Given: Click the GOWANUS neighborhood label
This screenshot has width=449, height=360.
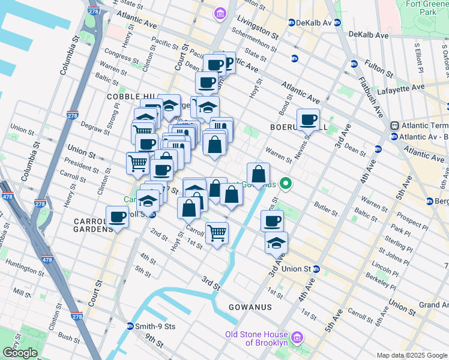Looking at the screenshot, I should coord(250,307).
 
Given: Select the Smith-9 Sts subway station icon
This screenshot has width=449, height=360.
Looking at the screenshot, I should coord(130,326).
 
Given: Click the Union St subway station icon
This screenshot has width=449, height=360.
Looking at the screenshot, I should coord(316,268).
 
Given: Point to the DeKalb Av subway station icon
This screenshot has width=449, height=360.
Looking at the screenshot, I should coord(292,22).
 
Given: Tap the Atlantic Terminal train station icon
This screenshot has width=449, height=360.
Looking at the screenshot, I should coord(394,125).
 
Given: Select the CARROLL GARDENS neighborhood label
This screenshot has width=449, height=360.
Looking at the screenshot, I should coord(93,225).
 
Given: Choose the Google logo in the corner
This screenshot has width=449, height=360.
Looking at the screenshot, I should coord(20,352).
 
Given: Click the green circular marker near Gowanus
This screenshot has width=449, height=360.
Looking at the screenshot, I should coord(288,184).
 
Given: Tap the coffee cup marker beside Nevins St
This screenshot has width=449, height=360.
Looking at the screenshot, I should coord(308,119).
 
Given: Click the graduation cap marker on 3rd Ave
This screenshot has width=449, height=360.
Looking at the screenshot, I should coord(276,243).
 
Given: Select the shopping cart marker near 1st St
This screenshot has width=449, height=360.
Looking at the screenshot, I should coord(217,233).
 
